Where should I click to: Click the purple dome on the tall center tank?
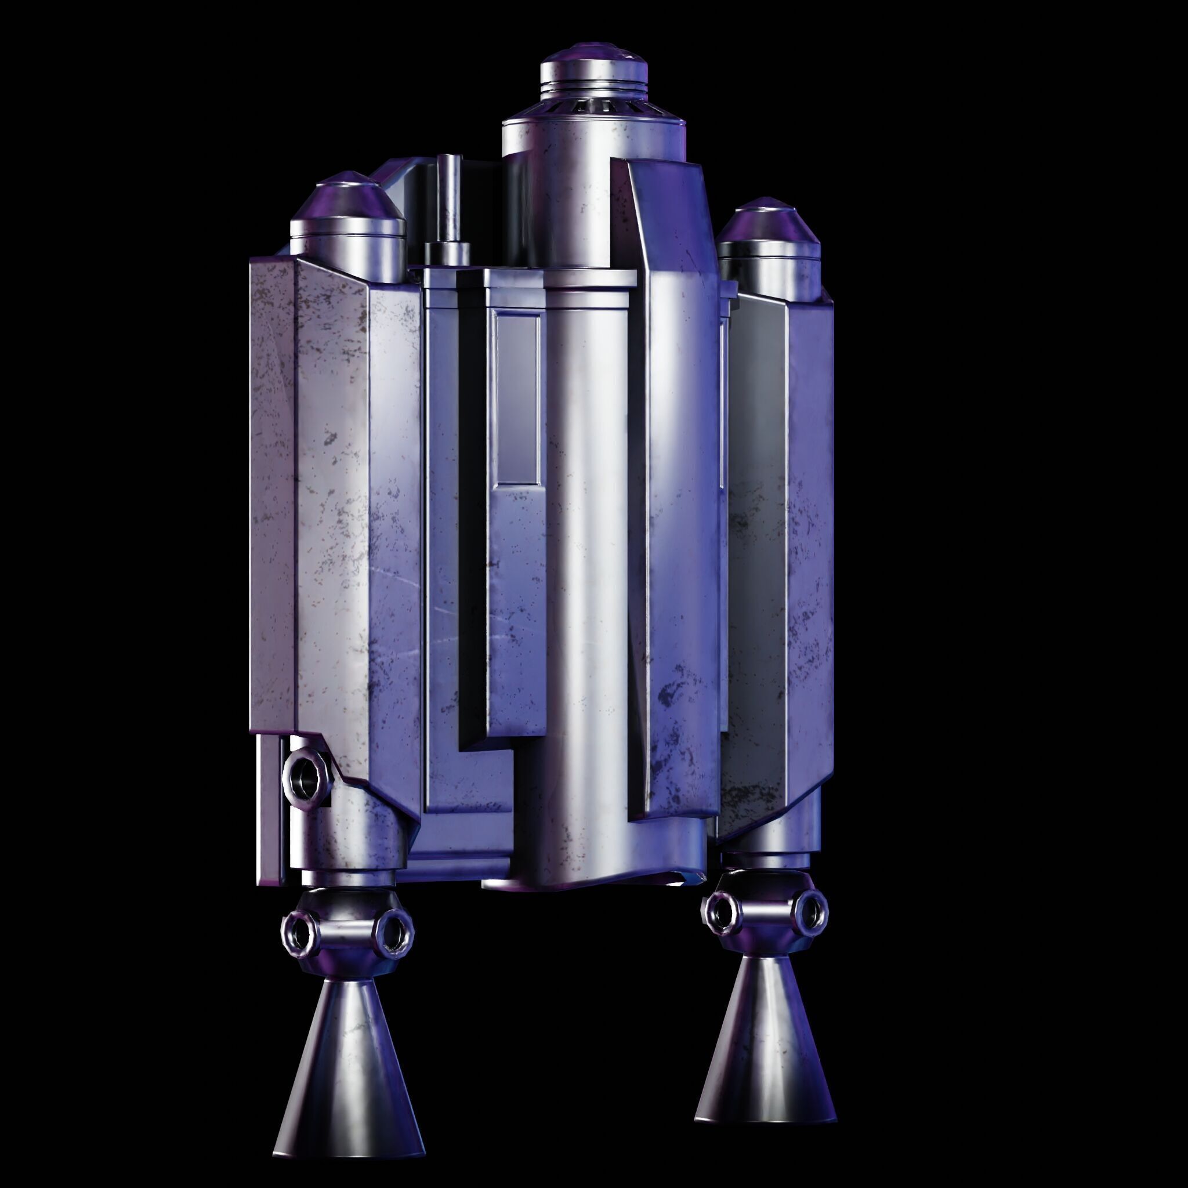(593, 56)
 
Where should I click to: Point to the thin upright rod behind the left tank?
(448, 197)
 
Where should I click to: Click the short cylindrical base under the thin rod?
(447, 254)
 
